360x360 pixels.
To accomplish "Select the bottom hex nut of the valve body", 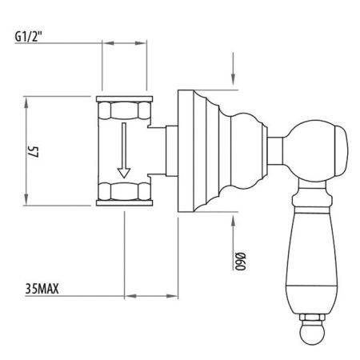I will pos(122,193).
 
